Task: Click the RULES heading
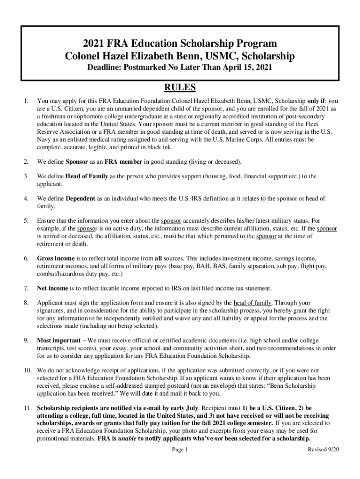[x=180, y=88]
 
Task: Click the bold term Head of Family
[x=87, y=176]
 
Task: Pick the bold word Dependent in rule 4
[x=80, y=198]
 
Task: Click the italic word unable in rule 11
[x=124, y=438]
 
